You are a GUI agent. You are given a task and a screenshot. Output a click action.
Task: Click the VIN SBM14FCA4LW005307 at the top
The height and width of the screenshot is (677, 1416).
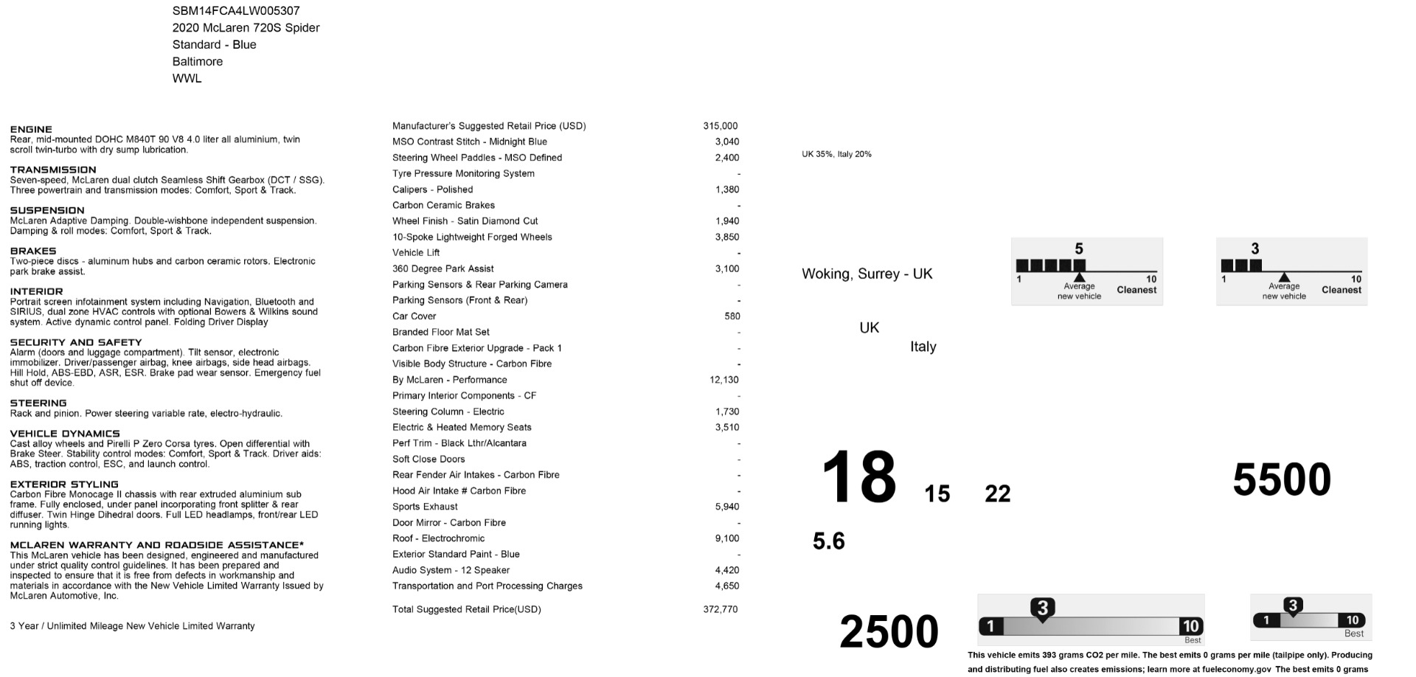[236, 11]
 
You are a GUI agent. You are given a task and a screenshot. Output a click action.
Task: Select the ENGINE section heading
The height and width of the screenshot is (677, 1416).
[31, 129]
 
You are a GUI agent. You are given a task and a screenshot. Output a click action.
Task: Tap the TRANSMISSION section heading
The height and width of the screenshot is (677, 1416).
[53, 170]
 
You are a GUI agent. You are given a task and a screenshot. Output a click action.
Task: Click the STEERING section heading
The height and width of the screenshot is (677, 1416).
[38, 403]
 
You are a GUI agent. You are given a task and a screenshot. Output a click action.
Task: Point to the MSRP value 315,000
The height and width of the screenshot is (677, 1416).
[720, 126]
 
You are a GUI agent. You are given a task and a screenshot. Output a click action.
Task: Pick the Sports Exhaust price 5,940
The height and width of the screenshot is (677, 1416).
[726, 507]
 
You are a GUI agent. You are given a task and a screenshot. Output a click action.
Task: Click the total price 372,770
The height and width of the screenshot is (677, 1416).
[720, 609]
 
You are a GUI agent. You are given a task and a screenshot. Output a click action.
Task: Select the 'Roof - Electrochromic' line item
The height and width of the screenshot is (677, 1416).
[438, 538]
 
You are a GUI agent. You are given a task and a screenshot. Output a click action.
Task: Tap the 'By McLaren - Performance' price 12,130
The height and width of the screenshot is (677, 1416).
[723, 380]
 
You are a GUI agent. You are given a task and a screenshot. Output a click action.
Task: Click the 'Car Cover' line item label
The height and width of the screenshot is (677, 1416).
[414, 316]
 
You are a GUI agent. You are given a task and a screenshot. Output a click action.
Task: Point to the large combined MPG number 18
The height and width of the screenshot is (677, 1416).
[858, 478]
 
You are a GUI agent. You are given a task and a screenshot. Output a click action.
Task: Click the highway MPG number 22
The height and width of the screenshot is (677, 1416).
[997, 493]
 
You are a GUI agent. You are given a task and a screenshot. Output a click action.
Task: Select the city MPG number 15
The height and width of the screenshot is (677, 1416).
[937, 493]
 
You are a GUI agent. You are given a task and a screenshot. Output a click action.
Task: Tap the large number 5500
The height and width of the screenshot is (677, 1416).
[1281, 479]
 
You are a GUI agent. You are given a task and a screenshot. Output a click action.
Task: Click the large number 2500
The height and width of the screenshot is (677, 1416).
[889, 631]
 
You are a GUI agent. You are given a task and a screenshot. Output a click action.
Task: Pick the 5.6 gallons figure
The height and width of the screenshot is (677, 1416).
[828, 541]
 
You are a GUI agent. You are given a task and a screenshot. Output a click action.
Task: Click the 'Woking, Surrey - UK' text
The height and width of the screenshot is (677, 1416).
[867, 274]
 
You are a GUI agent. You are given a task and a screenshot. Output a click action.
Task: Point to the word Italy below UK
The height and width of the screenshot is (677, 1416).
[923, 347]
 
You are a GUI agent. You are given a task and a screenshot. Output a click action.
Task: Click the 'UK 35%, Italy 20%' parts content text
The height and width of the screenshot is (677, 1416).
[836, 154]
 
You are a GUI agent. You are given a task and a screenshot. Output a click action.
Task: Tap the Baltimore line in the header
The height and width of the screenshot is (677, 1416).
[197, 61]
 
